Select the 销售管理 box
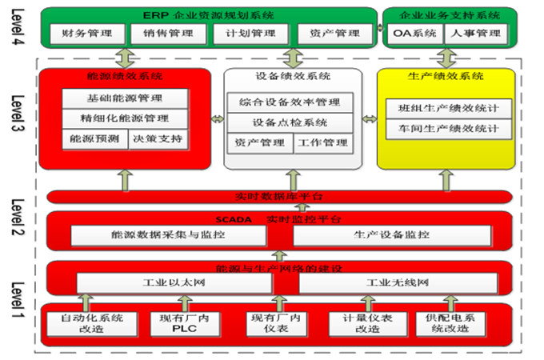170,34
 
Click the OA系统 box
414,34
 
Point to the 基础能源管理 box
126,98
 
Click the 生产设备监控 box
391,235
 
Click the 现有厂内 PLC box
184,323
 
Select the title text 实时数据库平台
279,197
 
